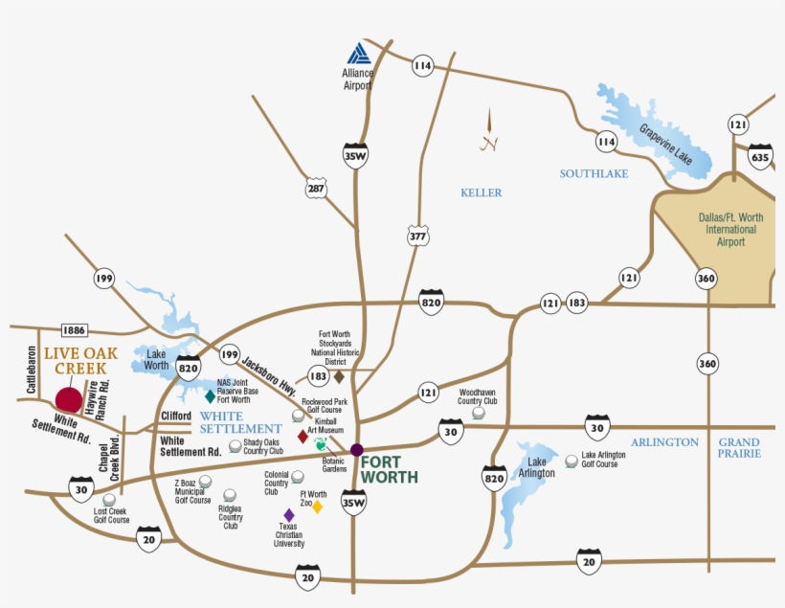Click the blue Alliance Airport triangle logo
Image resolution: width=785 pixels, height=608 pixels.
coord(358,54)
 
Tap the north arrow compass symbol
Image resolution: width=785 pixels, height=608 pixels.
coord(488,131)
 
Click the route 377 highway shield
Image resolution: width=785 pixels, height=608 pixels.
coord(417,236)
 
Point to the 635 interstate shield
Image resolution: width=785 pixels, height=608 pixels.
coord(760,157)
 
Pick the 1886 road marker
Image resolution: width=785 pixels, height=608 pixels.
coord(74,330)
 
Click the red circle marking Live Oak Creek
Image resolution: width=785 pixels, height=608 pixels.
coord(68,400)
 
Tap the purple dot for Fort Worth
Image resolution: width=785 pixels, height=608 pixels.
coord(357,449)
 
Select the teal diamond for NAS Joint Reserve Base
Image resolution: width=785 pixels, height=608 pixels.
coord(210,395)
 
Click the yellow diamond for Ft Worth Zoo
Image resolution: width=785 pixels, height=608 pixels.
coord(318,507)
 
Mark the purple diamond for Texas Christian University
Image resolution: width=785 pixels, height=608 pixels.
coord(288,515)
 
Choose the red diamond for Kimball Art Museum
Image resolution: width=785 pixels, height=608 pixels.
coord(303,437)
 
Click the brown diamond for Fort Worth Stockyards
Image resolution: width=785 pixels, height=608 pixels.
coord(338,377)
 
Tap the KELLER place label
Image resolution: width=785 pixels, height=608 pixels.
coord(481,192)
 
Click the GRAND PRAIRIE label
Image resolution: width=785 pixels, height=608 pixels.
coord(739,447)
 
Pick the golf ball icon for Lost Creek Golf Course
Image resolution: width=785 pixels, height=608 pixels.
coord(109,499)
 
